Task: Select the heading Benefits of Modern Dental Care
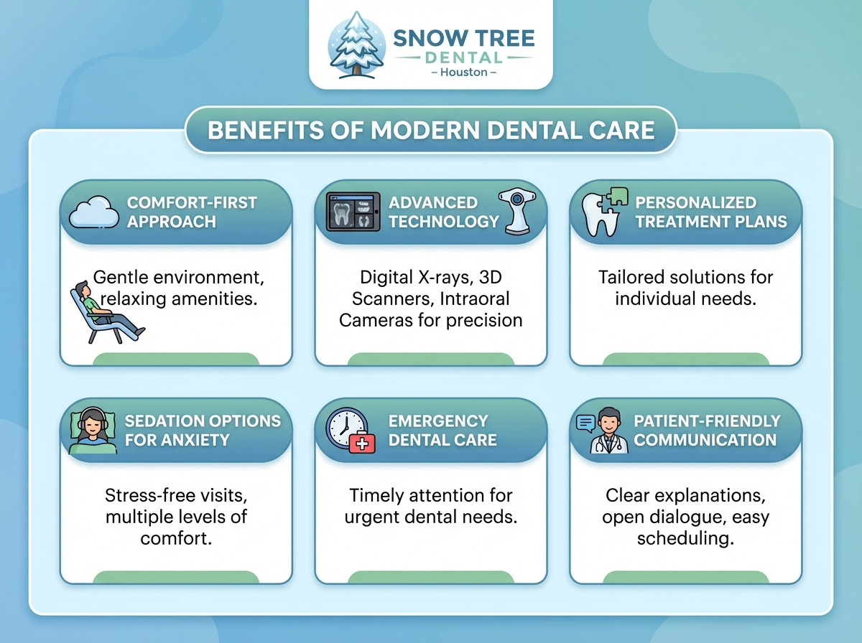(431, 130)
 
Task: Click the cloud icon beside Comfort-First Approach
(96, 212)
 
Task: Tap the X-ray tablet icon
(353, 212)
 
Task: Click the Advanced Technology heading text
(442, 212)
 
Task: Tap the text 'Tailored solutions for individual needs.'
(685, 288)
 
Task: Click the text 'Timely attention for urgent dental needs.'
(431, 506)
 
